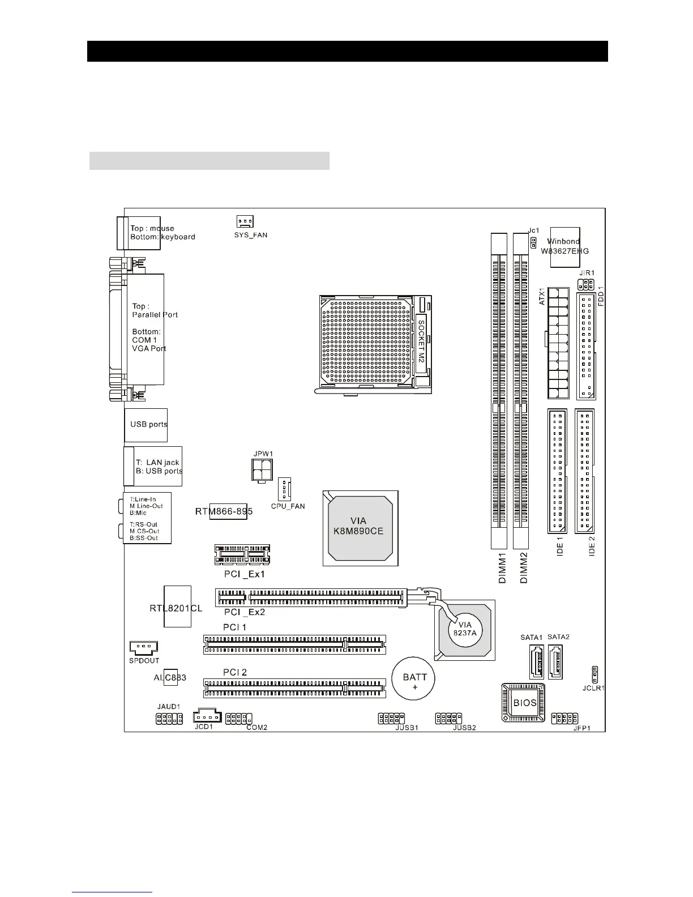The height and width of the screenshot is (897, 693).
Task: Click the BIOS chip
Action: click(x=524, y=703)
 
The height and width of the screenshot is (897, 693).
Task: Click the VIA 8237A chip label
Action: click(x=464, y=629)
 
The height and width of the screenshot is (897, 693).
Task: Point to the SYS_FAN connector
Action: click(x=245, y=221)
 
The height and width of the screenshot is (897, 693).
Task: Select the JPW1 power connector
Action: click(x=263, y=469)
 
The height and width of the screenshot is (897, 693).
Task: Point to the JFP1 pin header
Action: click(x=564, y=718)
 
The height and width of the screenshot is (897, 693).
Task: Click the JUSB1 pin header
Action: click(x=391, y=718)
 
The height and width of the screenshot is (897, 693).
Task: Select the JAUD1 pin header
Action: click(x=169, y=719)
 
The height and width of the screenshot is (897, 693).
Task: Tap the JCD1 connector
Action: click(x=205, y=716)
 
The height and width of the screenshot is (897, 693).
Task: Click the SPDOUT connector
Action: click(x=143, y=647)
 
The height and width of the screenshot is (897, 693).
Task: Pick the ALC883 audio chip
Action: click(x=170, y=677)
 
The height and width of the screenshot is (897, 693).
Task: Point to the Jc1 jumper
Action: click(x=533, y=242)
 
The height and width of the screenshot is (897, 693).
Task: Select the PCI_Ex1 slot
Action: click(x=242, y=555)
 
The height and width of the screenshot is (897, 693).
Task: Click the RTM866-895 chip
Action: click(x=228, y=511)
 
